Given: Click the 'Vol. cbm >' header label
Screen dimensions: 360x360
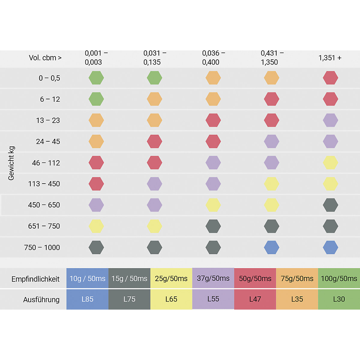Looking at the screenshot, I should (x=45, y=58).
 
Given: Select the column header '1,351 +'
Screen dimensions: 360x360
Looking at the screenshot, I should (x=330, y=58).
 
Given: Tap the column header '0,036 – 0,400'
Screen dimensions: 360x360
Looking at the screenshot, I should (x=213, y=58).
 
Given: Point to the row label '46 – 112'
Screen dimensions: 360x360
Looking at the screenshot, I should (x=46, y=163).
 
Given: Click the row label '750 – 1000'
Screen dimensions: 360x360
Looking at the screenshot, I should (x=42, y=247).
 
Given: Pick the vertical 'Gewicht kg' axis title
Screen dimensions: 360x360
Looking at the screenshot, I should (x=11, y=163).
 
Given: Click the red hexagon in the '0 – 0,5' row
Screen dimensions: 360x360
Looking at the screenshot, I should (x=330, y=78).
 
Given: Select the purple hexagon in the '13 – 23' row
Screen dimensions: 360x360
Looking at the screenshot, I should (x=330, y=120).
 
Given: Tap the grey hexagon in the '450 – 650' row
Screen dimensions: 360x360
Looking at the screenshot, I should (x=330, y=205).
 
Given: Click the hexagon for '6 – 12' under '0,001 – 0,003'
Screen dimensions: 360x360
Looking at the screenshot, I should (x=96, y=99).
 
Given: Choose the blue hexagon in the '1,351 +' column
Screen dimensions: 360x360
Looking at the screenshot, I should (x=330, y=247).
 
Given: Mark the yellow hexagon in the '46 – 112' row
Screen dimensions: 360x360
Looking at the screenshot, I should (x=330, y=163).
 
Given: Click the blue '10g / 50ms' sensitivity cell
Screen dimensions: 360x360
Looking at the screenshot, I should (x=87, y=278).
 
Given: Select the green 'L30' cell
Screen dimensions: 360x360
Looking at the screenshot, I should (x=339, y=299).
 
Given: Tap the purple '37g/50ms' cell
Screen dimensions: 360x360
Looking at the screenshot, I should (x=213, y=278).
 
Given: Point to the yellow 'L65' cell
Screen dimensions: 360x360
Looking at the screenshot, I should (x=171, y=299).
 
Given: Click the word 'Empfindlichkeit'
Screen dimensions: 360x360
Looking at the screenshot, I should (x=35, y=279).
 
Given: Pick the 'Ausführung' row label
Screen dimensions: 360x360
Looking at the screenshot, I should (x=41, y=299).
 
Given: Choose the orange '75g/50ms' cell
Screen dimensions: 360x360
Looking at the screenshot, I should (x=297, y=278).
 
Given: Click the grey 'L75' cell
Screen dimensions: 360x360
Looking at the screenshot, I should (x=129, y=299).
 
